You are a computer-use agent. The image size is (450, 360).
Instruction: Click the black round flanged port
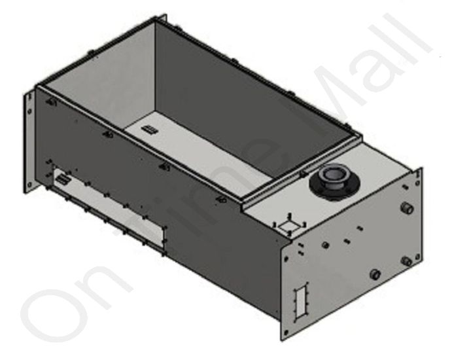334,177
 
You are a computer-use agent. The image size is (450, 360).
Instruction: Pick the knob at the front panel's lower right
406,261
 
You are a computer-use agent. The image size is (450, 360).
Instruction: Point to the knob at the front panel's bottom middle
375,274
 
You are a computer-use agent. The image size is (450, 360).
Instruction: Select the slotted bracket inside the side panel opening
62,179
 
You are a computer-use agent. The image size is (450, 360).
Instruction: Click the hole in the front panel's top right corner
415,174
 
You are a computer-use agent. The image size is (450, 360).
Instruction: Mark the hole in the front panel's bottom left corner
286,333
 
